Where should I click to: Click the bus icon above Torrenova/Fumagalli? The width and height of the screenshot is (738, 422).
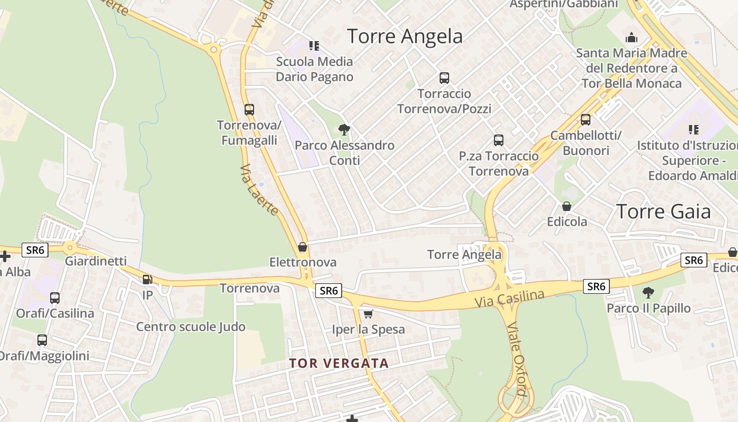(249, 110)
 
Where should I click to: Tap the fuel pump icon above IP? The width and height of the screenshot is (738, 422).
(148, 280)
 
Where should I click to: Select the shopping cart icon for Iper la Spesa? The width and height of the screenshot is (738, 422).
(368, 314)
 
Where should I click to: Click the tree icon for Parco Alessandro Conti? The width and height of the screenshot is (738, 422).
(344, 129)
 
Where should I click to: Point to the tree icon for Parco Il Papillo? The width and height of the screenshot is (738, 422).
(648, 292)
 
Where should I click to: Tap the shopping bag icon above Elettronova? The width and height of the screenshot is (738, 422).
(303, 246)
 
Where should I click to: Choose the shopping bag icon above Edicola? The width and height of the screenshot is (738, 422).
(567, 206)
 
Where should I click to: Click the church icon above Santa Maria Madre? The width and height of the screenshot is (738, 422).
(631, 37)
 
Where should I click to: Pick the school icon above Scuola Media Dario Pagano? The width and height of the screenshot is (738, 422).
(314, 46)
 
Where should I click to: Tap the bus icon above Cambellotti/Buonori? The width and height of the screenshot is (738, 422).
(586, 120)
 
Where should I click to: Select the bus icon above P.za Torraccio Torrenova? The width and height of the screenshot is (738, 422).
(499, 140)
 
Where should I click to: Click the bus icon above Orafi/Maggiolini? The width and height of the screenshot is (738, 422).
(42, 340)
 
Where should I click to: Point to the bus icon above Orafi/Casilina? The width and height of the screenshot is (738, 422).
(55, 298)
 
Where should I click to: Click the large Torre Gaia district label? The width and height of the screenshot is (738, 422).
(663, 212)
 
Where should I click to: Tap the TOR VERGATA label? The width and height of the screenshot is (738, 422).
(339, 363)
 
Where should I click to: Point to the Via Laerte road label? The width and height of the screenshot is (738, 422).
(259, 190)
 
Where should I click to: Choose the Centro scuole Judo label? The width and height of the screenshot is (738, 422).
(191, 327)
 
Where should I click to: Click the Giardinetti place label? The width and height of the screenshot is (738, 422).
(95, 261)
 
